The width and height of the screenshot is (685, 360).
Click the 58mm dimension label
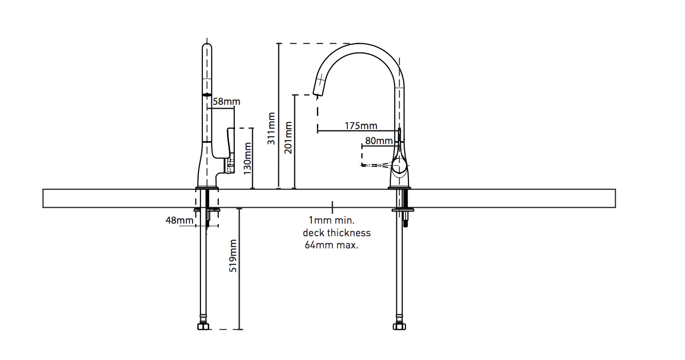(x=227, y=102)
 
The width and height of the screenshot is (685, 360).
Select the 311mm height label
(x=272, y=129)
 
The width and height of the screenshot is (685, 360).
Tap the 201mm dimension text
(x=289, y=137)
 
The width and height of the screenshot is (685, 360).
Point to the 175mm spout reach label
(x=361, y=126)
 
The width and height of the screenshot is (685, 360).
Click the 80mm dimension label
(x=379, y=141)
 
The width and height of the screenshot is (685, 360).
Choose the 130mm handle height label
(x=247, y=158)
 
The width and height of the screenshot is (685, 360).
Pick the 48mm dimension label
(x=179, y=220)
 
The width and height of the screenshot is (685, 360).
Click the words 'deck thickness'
(x=336, y=233)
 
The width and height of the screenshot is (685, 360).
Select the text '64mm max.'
(x=331, y=245)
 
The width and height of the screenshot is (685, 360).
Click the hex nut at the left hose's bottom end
(x=204, y=327)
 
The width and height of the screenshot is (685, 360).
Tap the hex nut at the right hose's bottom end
(x=399, y=327)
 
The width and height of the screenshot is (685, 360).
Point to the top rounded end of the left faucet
(x=207, y=47)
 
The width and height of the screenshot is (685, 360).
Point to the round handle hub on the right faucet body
(x=400, y=167)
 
